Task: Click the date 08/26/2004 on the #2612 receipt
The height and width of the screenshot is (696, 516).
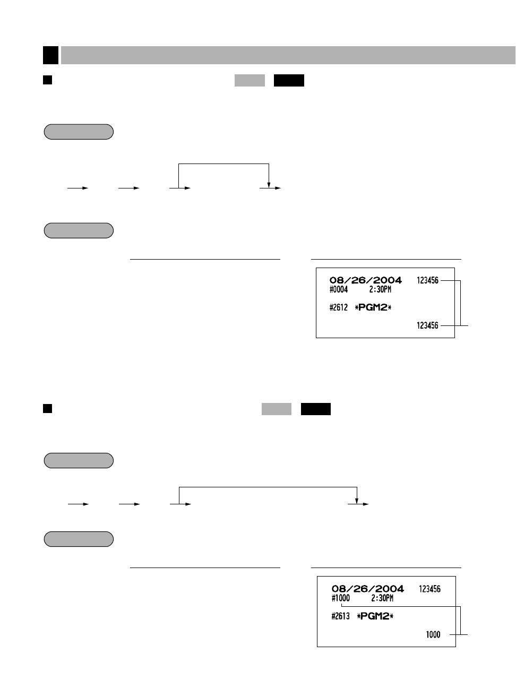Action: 366,280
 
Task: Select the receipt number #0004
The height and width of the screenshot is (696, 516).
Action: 339,290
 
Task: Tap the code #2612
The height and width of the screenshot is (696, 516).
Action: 339,307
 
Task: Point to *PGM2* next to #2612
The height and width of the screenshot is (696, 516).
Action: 373,307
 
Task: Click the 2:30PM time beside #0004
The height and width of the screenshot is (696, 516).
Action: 380,290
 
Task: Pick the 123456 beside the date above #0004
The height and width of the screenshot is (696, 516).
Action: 427,280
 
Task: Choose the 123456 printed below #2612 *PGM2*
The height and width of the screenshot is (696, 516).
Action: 427,325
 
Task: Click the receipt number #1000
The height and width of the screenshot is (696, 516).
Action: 341,598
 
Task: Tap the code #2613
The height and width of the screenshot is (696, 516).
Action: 341,616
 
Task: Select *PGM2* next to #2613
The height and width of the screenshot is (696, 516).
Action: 375,616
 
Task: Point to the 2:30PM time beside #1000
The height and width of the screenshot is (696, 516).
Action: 382,598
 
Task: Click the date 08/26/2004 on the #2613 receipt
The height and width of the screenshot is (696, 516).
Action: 368,589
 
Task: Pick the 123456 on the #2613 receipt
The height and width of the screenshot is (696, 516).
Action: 429,589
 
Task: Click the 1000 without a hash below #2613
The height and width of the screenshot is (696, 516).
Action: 433,634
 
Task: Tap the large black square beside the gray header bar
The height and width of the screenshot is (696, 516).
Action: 50,55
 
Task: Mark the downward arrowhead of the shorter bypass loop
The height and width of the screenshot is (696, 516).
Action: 269,185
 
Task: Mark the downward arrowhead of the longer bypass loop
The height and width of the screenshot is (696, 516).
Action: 357,501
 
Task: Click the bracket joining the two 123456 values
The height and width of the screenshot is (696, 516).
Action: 460,303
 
